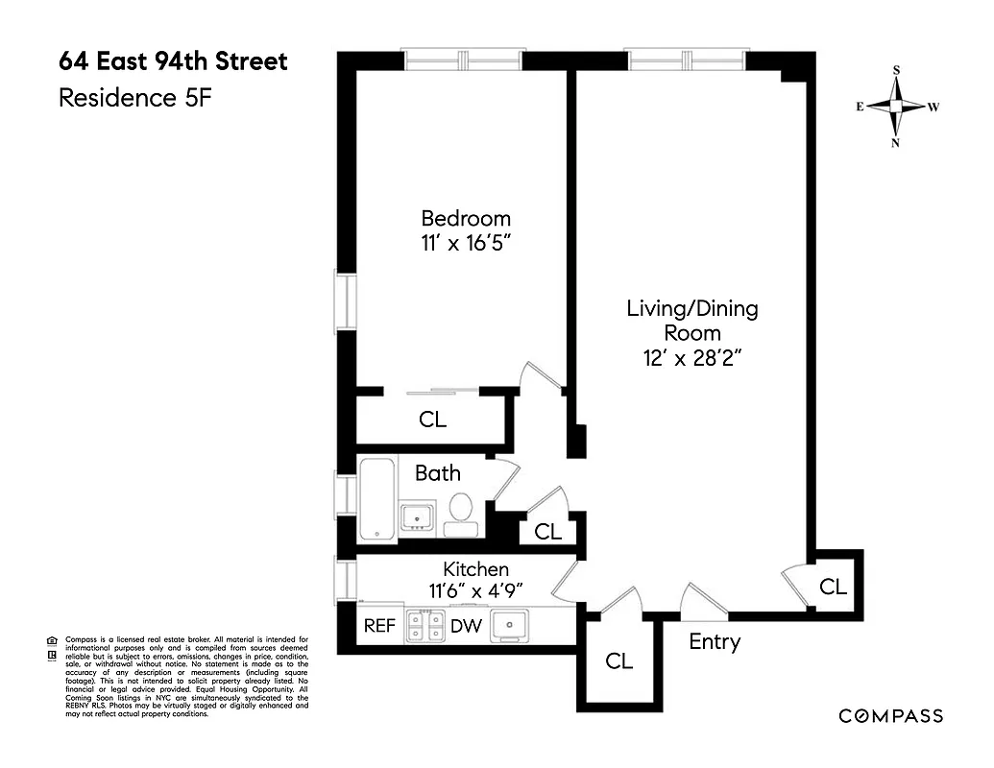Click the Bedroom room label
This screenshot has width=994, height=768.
point(466,218)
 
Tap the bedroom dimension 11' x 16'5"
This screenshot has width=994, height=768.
point(466,243)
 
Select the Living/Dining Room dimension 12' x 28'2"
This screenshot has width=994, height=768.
point(691,358)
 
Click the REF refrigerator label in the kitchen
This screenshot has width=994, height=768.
point(378,626)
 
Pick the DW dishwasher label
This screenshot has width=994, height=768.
point(468,626)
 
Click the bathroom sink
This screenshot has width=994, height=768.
point(418,516)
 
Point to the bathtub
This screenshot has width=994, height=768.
point(376,499)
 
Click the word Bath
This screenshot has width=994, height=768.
point(437,472)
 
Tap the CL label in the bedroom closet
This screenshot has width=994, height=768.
point(432,420)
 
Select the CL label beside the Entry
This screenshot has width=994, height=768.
point(619,660)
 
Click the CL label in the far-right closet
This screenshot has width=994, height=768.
point(833,586)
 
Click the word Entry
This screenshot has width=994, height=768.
point(715,642)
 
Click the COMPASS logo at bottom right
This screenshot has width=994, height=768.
point(890,715)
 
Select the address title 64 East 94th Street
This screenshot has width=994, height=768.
point(173,62)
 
